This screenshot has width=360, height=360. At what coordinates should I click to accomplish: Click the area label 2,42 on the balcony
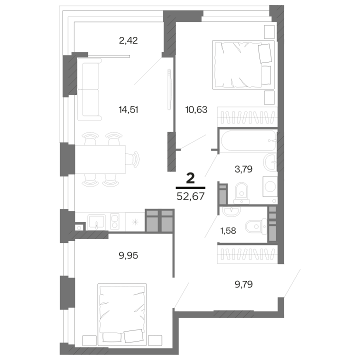coord(128,40)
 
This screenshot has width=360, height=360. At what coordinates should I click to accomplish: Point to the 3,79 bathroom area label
coord(243,168)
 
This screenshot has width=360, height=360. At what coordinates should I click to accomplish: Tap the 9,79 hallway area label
coord(245,285)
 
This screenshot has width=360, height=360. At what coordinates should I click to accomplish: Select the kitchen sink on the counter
coord(95,220)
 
